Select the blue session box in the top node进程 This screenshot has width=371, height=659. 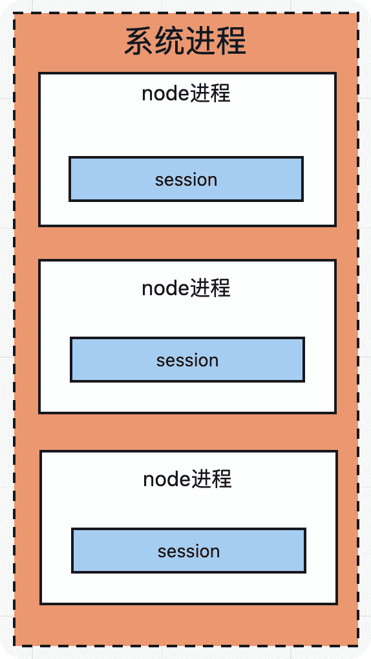(186, 179)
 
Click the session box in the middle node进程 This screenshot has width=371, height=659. (187, 360)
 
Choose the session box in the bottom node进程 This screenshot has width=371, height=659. (189, 551)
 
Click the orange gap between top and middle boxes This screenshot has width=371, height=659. (187, 243)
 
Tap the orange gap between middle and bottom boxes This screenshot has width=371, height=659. (187, 432)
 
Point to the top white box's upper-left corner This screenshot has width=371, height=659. (39, 74)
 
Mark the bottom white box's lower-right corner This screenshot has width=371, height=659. (336, 603)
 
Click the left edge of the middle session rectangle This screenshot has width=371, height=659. (71, 360)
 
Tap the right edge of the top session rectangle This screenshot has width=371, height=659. (302, 179)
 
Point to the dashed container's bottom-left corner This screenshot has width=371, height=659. (14, 645)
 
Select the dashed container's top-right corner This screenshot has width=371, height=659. (357, 13)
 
